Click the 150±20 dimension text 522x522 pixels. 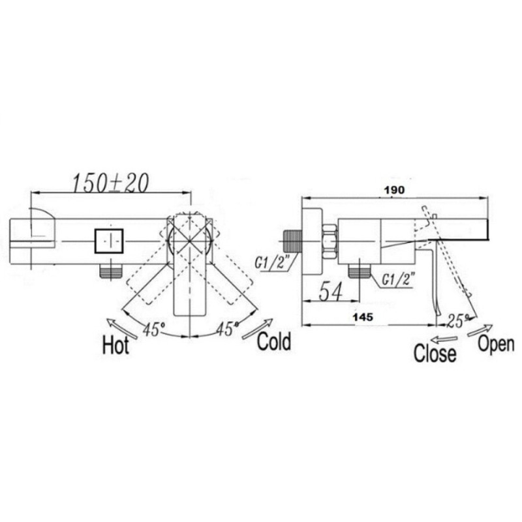tap(110, 183)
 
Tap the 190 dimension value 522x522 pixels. tap(395, 190)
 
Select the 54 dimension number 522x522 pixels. tap(331, 291)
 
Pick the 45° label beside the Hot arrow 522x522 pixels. tap(153, 330)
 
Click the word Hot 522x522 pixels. tap(115, 345)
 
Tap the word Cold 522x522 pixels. tap(273, 341)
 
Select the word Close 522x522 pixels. tap(435, 353)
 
